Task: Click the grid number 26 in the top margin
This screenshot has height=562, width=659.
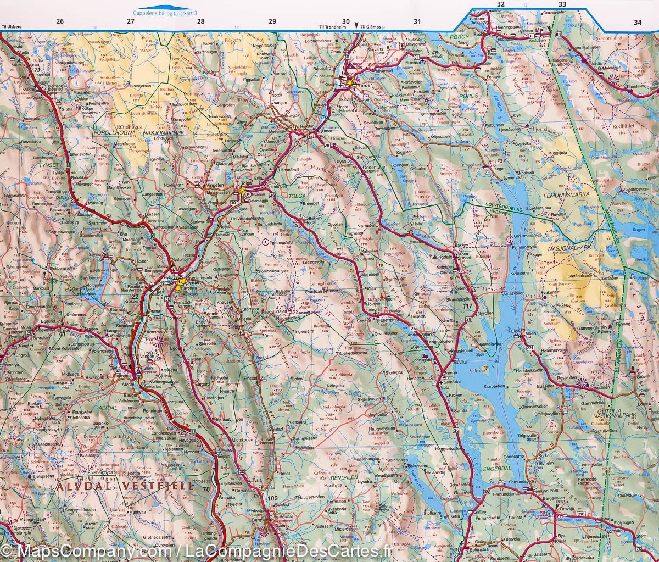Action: click(59, 21)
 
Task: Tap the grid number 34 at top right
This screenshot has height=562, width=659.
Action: click(637, 23)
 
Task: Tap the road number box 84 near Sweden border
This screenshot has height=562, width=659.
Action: click(559, 35)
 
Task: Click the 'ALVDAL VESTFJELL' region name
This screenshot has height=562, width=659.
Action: click(125, 486)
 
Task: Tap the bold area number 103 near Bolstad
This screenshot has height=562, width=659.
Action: click(273, 498)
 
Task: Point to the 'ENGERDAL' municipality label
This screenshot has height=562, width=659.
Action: click(497, 468)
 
